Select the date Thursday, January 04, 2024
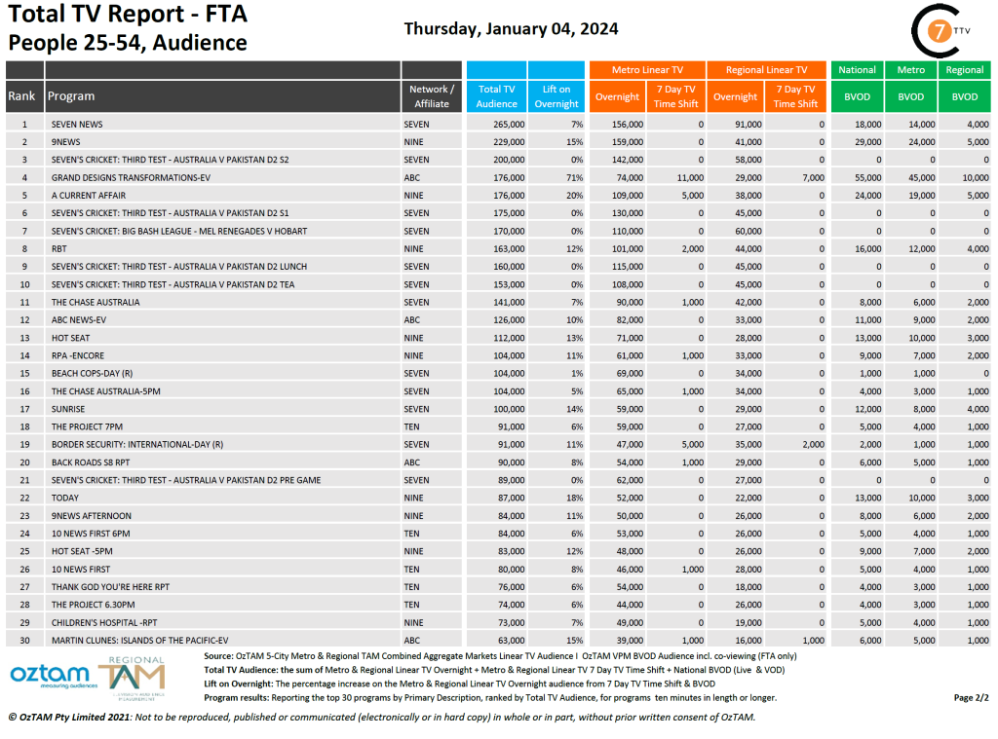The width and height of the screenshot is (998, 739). pyautogui.click(x=511, y=28)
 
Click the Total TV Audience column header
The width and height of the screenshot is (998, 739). pyautogui.click(x=496, y=96)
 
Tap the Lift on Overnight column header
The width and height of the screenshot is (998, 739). pyautogui.click(x=557, y=96)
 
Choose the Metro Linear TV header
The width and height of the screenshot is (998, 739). pyautogui.click(x=647, y=70)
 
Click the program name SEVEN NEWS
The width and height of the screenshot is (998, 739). pyautogui.click(x=77, y=125)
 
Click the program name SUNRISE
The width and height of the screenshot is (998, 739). pyautogui.click(x=68, y=409)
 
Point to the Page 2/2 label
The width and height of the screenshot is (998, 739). pyautogui.click(x=971, y=698)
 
